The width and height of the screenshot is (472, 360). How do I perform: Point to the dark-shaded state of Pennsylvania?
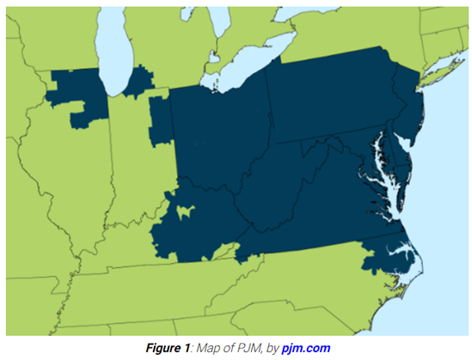[x=331, y=99]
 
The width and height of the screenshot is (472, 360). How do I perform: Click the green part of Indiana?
[x=133, y=155]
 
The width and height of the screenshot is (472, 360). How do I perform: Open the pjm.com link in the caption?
[x=305, y=348]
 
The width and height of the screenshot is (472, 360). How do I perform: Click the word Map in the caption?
[x=211, y=348]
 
